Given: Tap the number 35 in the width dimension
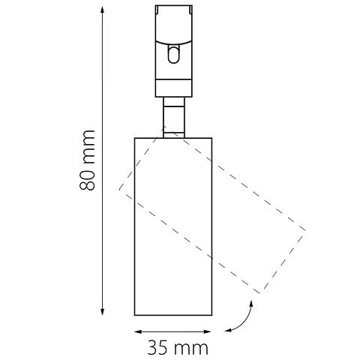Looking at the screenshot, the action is [x=157, y=348].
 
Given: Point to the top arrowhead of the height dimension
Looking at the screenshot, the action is [x=102, y=10].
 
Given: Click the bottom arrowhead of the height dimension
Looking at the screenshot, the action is [x=102, y=311].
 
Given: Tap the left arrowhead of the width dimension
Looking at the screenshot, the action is [x=138, y=331].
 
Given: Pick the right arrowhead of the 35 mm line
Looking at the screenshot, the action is [x=208, y=331].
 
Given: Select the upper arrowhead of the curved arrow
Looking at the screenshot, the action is [x=251, y=304].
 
